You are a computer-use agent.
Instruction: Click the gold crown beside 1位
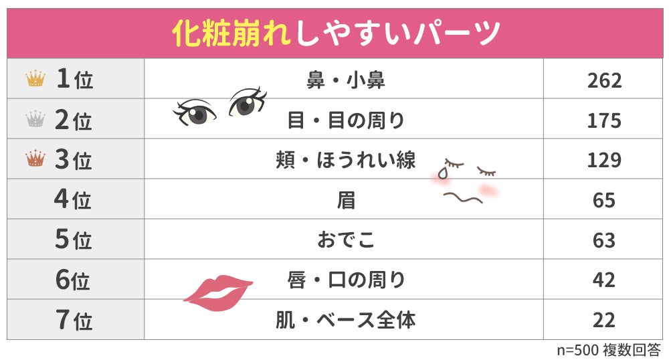pyautogui.click(x=35, y=79)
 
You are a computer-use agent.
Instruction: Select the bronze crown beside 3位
pyautogui.click(x=35, y=159)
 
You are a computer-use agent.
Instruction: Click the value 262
pyautogui.click(x=604, y=80)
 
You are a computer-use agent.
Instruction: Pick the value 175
pyautogui.click(x=604, y=120)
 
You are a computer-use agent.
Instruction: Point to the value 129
pyautogui.click(x=604, y=160)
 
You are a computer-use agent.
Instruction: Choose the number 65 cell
pyautogui.click(x=604, y=200)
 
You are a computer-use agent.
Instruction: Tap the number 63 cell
pyautogui.click(x=604, y=240)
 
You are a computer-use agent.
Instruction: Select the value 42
pyautogui.click(x=604, y=280)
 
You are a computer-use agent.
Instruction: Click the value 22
pyautogui.click(x=604, y=320)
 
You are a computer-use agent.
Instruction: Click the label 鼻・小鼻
pyautogui.click(x=345, y=80)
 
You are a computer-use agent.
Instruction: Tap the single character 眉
pyautogui.click(x=345, y=200)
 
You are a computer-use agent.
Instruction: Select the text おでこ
pyautogui.click(x=345, y=240)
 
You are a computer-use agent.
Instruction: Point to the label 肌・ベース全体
pyautogui.click(x=345, y=320)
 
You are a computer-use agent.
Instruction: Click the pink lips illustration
pyautogui.click(x=217, y=291)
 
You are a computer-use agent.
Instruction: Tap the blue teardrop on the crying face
pyautogui.click(x=442, y=173)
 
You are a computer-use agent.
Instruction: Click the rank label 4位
pyautogui.click(x=73, y=200)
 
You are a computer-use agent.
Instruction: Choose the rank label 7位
pyautogui.click(x=73, y=320)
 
